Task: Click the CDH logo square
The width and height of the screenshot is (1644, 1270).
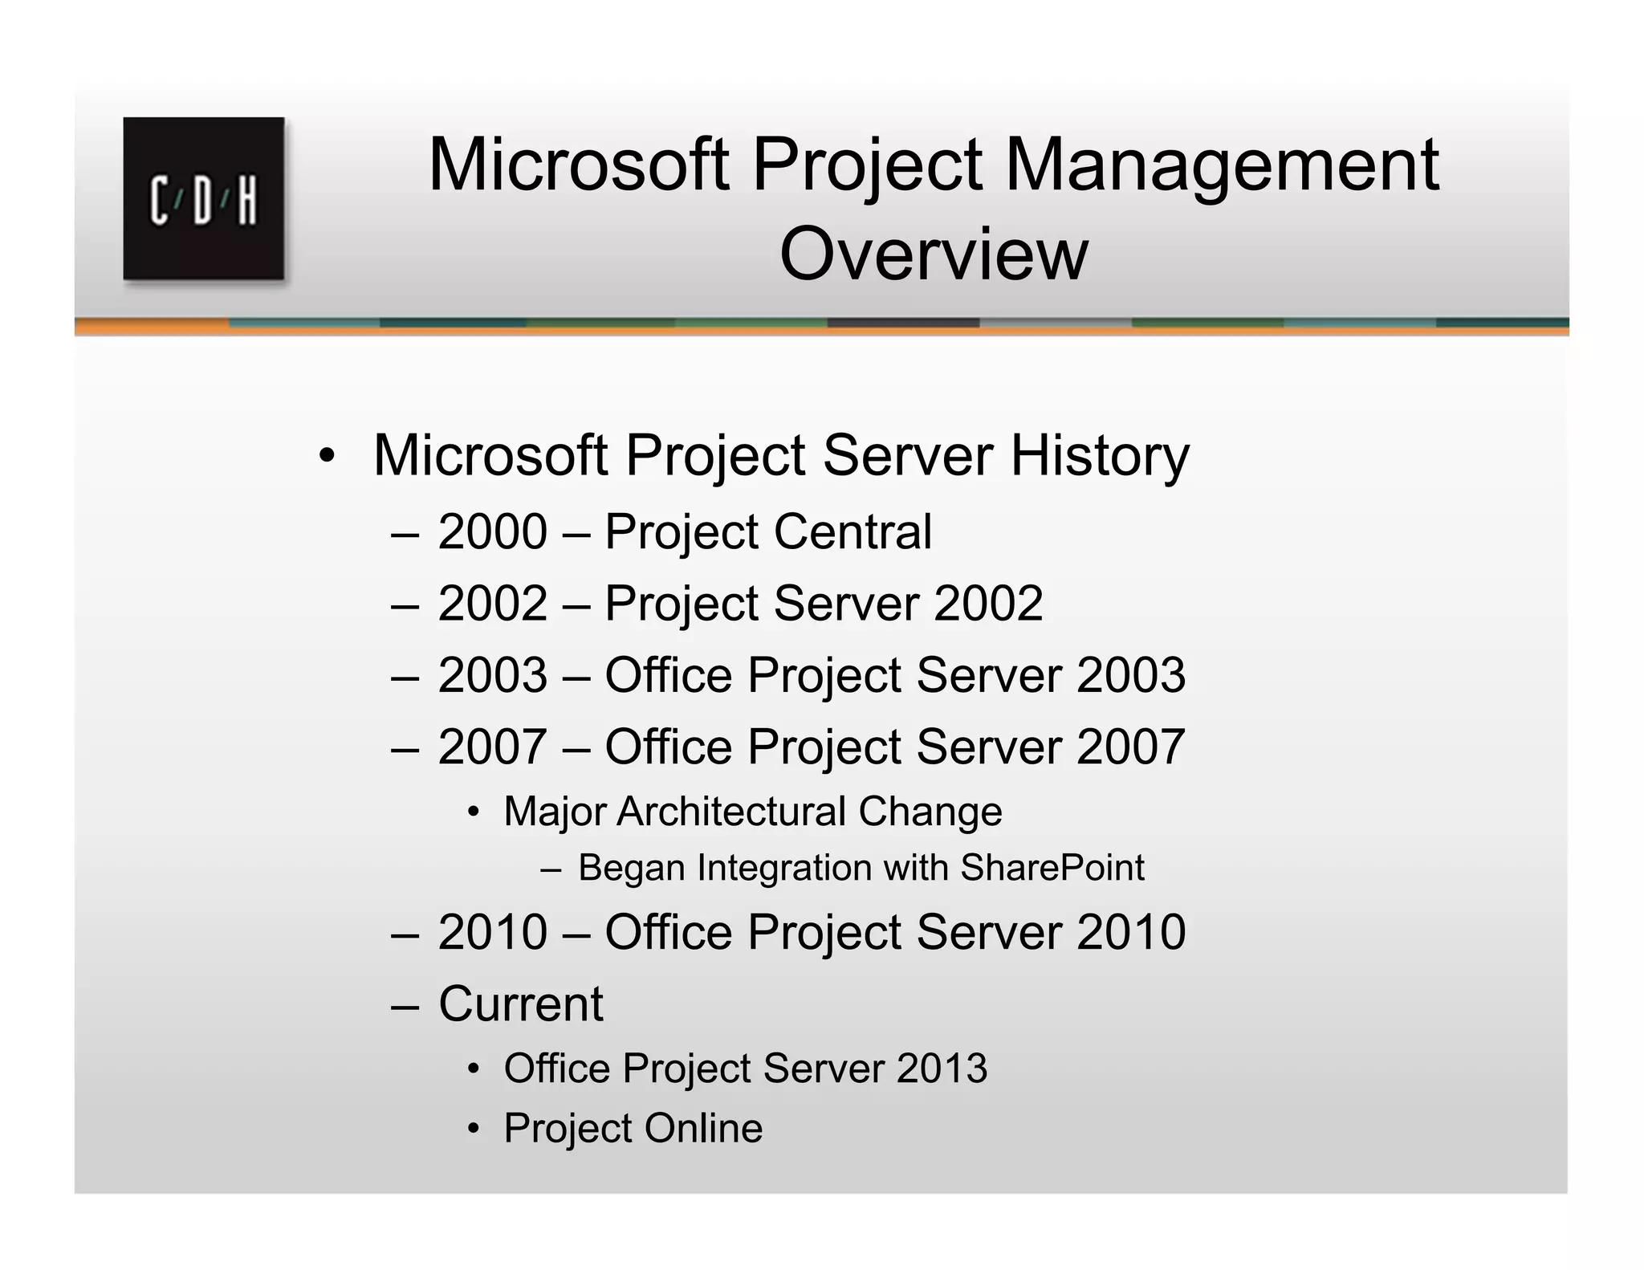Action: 203,198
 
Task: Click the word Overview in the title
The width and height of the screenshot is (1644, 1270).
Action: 934,254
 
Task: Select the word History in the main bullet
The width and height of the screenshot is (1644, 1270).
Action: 1099,455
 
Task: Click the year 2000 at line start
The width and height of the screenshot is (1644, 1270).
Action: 493,531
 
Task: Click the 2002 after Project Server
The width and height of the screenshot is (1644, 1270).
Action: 988,603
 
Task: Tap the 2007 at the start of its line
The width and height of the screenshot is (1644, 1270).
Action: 493,747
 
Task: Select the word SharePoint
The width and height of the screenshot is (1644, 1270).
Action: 1052,868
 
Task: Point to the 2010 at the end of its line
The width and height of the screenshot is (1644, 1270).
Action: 1130,932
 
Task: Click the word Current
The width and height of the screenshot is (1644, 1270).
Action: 520,1003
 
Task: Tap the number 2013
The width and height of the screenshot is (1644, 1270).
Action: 942,1069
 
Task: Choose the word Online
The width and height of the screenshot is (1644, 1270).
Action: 702,1128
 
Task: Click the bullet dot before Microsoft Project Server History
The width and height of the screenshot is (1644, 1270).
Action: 326,456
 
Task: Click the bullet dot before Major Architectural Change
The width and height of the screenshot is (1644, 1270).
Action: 474,812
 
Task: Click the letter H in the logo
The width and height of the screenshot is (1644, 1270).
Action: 246,201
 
